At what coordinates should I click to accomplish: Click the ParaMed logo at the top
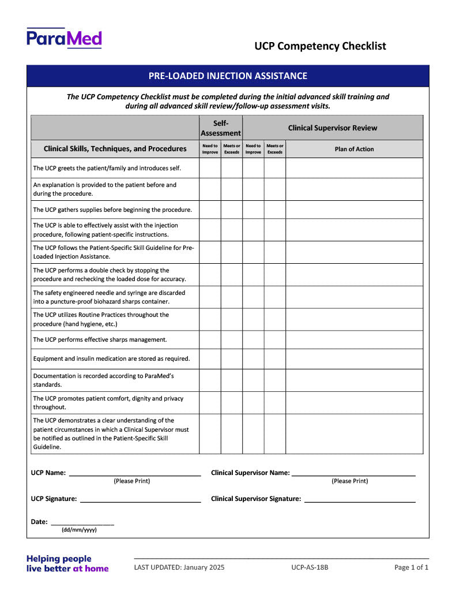pyautogui.click(x=64, y=38)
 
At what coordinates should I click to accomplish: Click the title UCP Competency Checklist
pyautogui.click(x=320, y=46)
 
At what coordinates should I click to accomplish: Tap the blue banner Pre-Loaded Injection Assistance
pyautogui.click(x=228, y=76)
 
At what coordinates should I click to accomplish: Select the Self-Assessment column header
pyautogui.click(x=221, y=128)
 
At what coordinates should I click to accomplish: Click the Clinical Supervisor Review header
pyautogui.click(x=333, y=128)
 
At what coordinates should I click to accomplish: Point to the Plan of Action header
pyautogui.click(x=354, y=149)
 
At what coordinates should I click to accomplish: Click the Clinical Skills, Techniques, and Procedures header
pyautogui.click(x=115, y=149)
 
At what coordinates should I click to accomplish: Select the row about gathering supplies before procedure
pyautogui.click(x=112, y=210)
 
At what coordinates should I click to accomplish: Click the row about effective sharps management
pyautogui.click(x=100, y=339)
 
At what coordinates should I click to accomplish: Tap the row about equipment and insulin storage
pyautogui.click(x=111, y=358)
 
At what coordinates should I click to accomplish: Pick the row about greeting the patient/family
pyautogui.click(x=107, y=168)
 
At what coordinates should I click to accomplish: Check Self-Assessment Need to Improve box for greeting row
pyautogui.click(x=210, y=168)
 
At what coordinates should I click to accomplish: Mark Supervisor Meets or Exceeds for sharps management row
pyautogui.click(x=275, y=339)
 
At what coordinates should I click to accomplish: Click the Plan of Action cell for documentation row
pyautogui.click(x=354, y=380)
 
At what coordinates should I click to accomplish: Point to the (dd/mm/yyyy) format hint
pyautogui.click(x=79, y=530)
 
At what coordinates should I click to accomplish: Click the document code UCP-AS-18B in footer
pyautogui.click(x=310, y=567)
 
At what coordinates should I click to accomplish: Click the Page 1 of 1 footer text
pyautogui.click(x=411, y=567)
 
